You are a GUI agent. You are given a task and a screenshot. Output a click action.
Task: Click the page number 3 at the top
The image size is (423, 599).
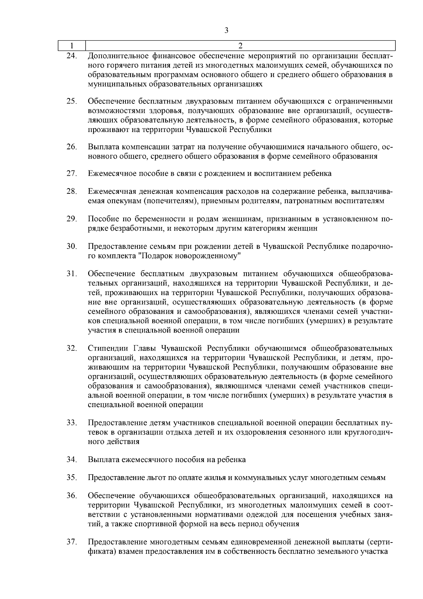[x=226, y=30]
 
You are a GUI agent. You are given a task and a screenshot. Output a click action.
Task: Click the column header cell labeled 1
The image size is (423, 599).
[x=72, y=46]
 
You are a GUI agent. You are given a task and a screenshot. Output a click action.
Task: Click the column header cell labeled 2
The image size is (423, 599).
[x=240, y=46]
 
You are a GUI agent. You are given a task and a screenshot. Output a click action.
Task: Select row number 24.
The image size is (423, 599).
[x=72, y=56]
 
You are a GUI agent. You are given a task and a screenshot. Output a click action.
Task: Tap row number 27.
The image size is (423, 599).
[x=72, y=173]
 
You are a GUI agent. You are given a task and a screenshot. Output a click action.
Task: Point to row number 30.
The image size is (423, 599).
[x=72, y=246]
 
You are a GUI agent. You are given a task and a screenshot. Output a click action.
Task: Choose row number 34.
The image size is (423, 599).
[x=72, y=460]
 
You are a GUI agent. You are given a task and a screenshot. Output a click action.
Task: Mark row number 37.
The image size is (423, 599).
[x=72, y=542]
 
